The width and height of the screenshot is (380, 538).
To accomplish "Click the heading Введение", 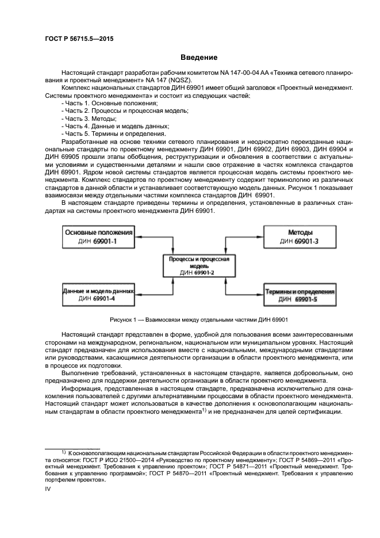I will (198, 58).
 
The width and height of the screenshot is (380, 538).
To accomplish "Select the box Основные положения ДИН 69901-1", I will (97, 236).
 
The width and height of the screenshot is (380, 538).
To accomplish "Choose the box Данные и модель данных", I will (97, 295).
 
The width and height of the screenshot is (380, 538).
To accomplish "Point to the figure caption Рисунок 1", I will (198, 319).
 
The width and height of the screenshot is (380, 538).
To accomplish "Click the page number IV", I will (48, 489).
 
